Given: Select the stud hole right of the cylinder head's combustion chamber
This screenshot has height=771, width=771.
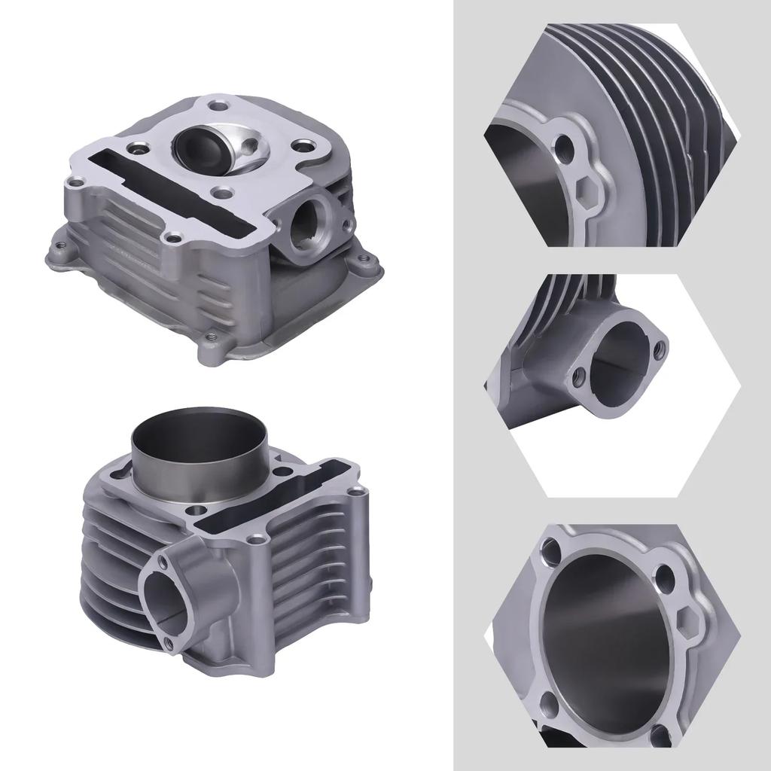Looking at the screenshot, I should [x=304, y=145].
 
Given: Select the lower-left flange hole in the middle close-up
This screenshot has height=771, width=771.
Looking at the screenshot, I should [x=580, y=373].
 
